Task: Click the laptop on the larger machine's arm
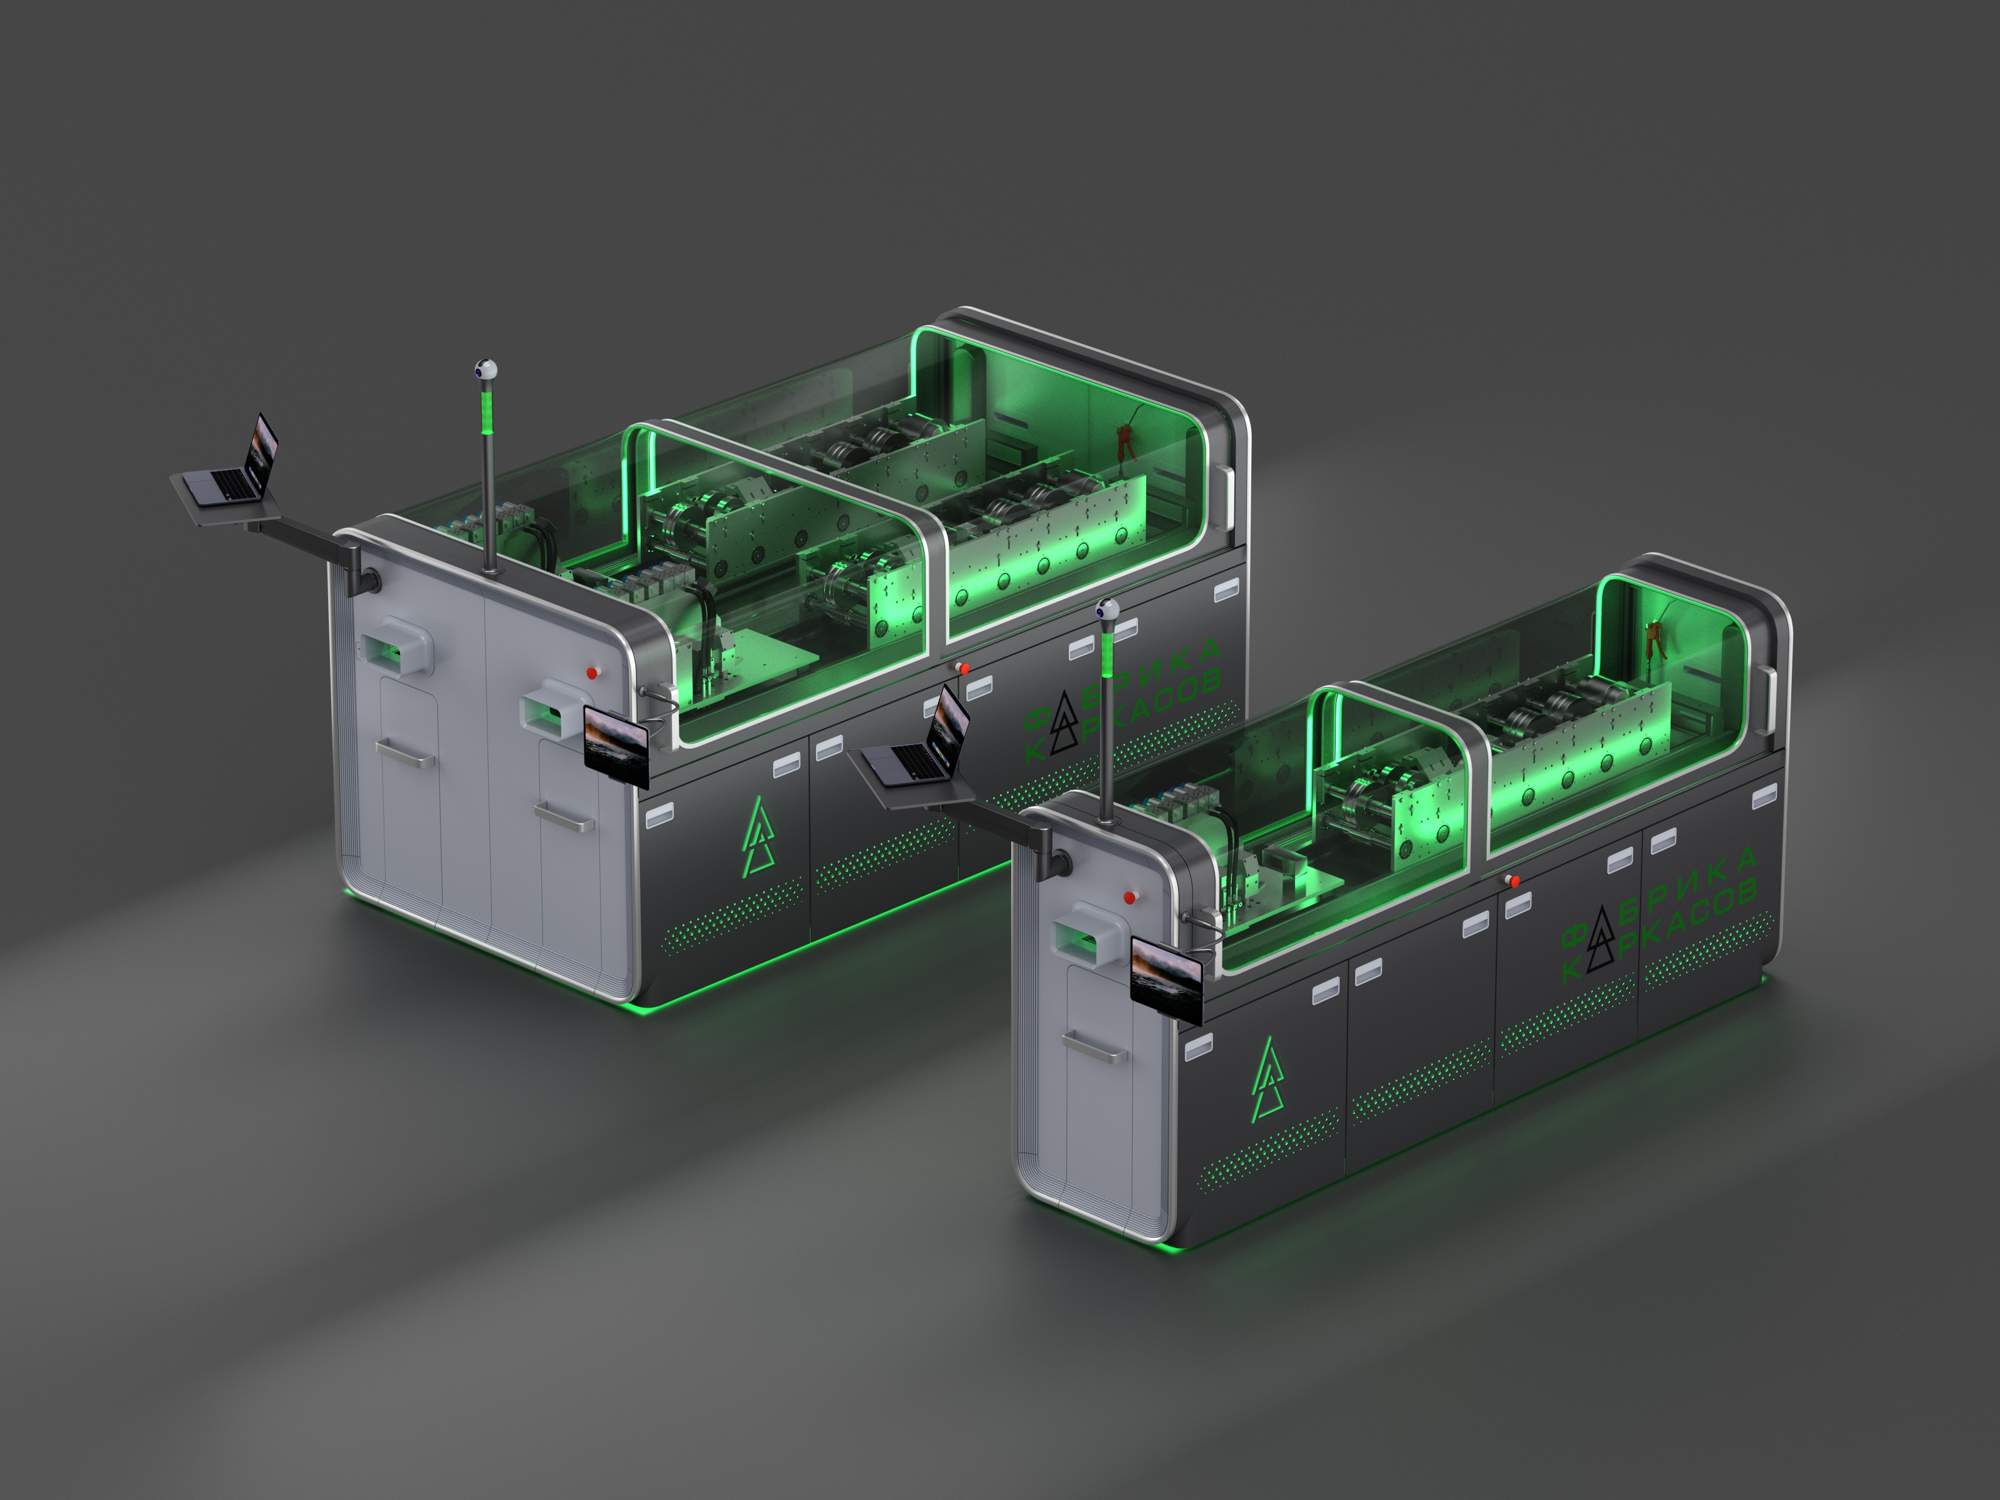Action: [232, 463]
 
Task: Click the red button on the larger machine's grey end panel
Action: [592, 672]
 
